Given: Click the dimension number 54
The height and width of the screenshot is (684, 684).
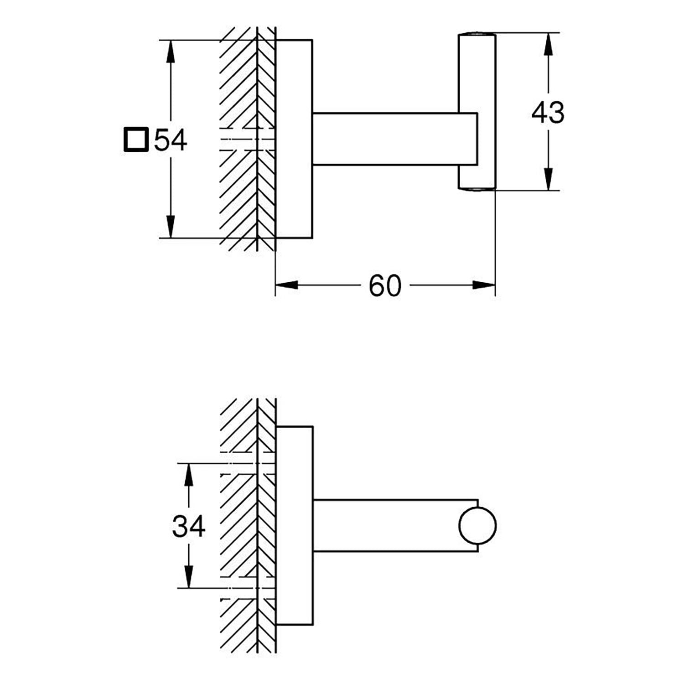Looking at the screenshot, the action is click(x=171, y=140).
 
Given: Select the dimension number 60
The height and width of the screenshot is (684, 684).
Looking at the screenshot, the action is click(x=385, y=286).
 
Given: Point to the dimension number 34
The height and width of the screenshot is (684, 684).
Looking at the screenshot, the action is click(x=189, y=527).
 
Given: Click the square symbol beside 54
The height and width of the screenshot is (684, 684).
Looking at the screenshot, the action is click(x=136, y=140).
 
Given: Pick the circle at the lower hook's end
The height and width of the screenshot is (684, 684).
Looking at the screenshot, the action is click(x=477, y=526).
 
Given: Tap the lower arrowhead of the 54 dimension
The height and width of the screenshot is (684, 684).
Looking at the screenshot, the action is click(x=171, y=227).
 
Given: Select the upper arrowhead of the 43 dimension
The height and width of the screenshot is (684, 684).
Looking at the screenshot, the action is click(x=548, y=44).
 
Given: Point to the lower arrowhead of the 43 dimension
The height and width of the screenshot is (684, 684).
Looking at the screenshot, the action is click(x=548, y=179).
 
